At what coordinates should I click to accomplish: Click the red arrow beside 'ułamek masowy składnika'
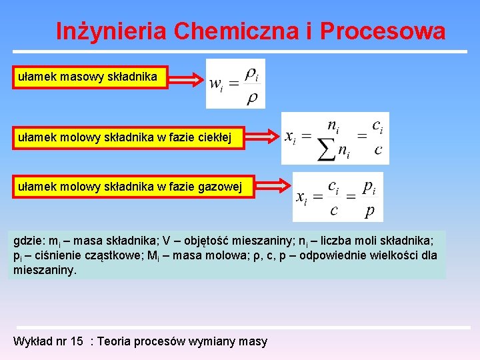pyautogui.click(x=188, y=81)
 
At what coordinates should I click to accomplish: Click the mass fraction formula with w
pyautogui.click(x=235, y=83)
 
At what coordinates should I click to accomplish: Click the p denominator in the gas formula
pyautogui.click(x=369, y=211)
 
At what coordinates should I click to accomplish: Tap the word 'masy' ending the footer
pyautogui.click(x=253, y=341)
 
